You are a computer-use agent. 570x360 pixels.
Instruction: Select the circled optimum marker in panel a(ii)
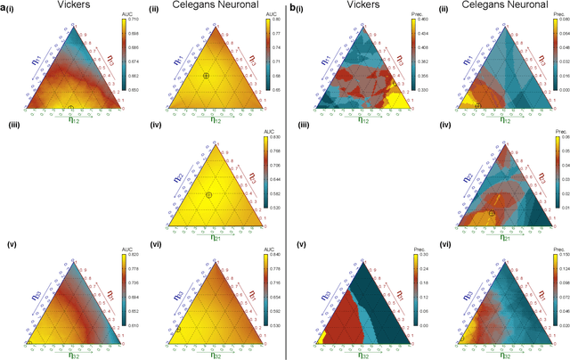point(206,76)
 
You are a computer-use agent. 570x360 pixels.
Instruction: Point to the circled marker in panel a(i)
point(71,109)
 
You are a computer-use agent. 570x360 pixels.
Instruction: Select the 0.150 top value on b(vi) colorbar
point(558,260)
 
